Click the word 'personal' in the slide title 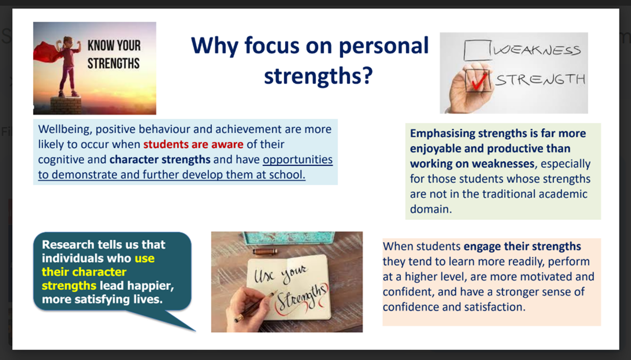(x=384, y=46)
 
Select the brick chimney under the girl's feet (x=66, y=105)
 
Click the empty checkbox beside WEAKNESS (x=477, y=50)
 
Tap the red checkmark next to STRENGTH (x=479, y=80)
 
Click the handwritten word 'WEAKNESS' (x=537, y=50)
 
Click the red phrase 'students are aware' (x=194, y=145)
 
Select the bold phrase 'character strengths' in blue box (x=160, y=160)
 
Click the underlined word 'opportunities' (x=298, y=160)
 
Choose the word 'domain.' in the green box (x=431, y=209)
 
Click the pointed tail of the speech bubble (x=195, y=331)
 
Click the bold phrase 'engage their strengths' (x=522, y=246)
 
